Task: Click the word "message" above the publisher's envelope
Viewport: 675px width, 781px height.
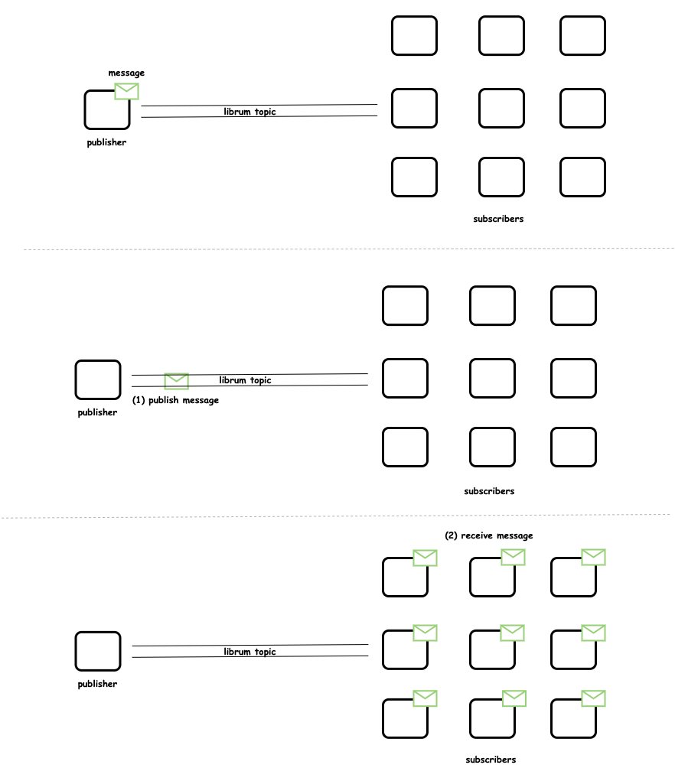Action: [x=126, y=73]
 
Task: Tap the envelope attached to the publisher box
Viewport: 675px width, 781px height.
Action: [x=126, y=91]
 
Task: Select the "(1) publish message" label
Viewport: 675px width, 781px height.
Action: [x=175, y=400]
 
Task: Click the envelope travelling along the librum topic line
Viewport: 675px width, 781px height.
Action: [x=176, y=381]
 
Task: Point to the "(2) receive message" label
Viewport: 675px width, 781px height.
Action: [x=489, y=535]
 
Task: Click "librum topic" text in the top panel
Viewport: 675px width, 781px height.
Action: [x=249, y=112]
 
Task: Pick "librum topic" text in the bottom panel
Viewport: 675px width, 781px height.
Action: [x=249, y=652]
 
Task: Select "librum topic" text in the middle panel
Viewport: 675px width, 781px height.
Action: [x=245, y=380]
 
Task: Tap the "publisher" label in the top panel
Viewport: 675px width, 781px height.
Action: [x=106, y=142]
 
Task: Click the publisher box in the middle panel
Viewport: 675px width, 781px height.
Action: [x=98, y=379]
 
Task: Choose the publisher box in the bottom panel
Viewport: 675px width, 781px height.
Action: [x=98, y=651]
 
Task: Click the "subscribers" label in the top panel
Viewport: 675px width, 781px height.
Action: [x=498, y=219]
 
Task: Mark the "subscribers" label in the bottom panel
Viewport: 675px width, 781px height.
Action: [x=491, y=760]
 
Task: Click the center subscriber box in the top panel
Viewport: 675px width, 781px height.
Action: [x=502, y=109]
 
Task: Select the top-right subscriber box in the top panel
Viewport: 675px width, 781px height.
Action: [x=582, y=36]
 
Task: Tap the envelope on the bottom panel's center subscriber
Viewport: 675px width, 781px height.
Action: [x=512, y=633]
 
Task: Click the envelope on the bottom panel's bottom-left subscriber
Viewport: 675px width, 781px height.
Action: [x=425, y=698]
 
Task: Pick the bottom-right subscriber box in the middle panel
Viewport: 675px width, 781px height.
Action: [x=573, y=447]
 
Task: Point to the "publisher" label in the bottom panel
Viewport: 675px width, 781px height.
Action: [x=97, y=684]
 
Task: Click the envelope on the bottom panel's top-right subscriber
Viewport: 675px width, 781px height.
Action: [x=593, y=557]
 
